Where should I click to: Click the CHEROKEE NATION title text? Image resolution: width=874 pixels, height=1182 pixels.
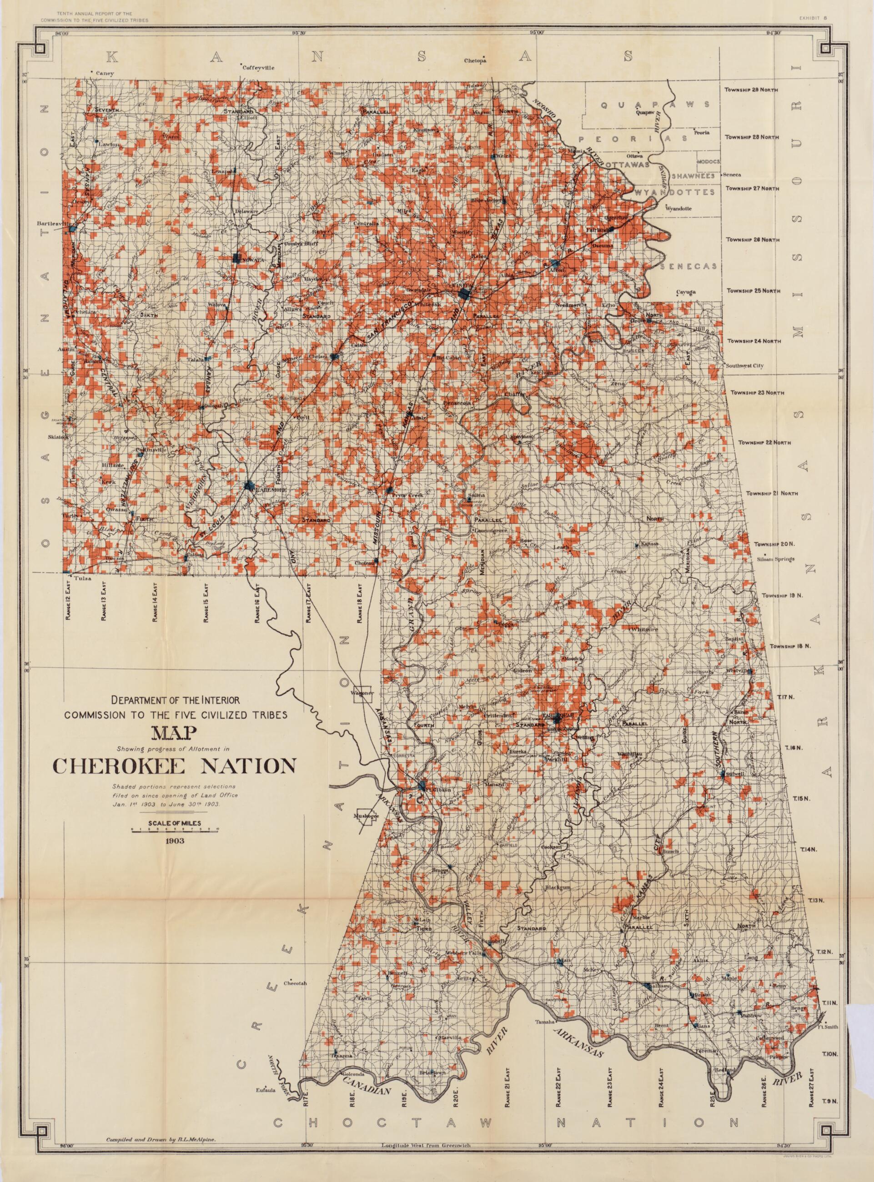click(174, 766)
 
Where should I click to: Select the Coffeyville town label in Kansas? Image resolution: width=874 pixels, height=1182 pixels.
click(259, 68)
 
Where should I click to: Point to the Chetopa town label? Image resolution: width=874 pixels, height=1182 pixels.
click(475, 60)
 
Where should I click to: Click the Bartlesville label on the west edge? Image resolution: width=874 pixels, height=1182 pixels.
click(53, 224)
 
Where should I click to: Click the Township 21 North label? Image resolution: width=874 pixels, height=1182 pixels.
click(771, 493)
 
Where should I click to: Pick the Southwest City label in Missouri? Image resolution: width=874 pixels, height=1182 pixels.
click(744, 366)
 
